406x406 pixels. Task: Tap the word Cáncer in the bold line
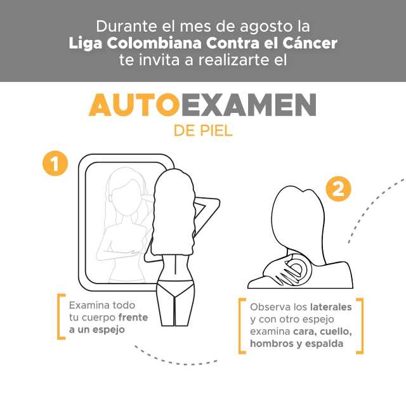point(310,43)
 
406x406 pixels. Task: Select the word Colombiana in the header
point(154,43)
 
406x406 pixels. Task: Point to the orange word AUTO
point(134,105)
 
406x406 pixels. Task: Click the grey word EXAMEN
point(249,105)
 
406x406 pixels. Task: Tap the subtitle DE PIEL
point(203,131)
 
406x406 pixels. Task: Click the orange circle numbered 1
point(55,163)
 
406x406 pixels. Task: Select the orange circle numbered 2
point(338,189)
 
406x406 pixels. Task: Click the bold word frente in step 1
point(133,317)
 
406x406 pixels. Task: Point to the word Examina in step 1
point(86,305)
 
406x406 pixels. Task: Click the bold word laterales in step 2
point(331,307)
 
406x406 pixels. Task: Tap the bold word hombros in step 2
point(272,344)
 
